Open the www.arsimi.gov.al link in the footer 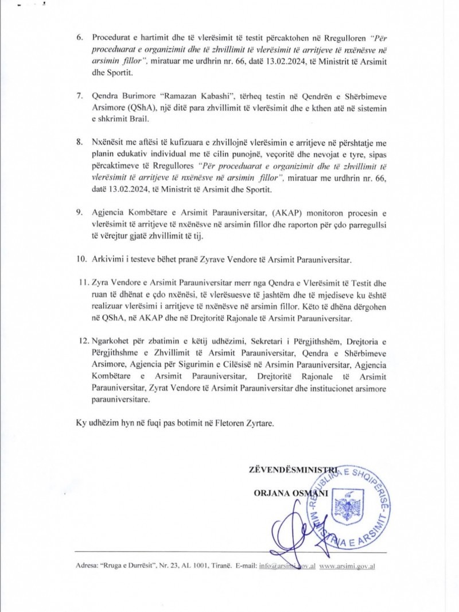tap(347, 566)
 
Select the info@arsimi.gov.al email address tap(287, 566)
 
